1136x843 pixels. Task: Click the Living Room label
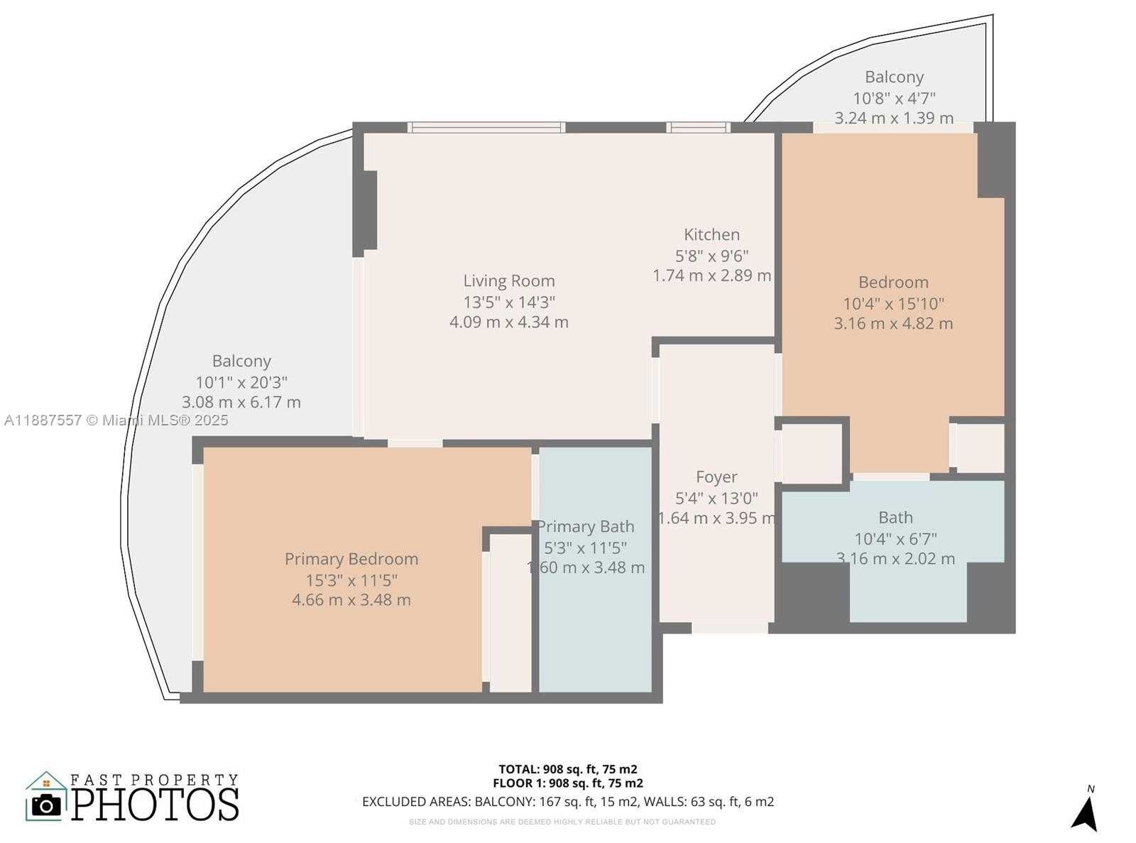pos(508,281)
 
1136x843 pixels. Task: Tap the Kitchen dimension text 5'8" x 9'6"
pos(711,255)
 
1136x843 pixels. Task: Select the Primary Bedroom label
pos(351,559)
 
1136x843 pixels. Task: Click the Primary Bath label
pos(586,527)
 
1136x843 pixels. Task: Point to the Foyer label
pos(716,477)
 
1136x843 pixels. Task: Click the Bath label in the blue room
pos(895,518)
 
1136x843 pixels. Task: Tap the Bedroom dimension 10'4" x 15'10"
pos(893,304)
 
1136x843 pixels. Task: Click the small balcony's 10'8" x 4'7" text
pos(893,98)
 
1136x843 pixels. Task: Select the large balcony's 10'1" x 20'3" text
pos(241,383)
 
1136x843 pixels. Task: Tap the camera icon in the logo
pos(47,805)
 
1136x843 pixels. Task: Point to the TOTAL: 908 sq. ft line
pos(567,769)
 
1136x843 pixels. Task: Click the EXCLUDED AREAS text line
pos(567,802)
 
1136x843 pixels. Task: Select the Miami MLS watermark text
pos(116,420)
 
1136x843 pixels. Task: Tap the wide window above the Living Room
pos(486,128)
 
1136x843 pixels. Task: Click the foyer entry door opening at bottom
pos(729,628)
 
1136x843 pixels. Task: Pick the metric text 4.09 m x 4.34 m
pos(508,322)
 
